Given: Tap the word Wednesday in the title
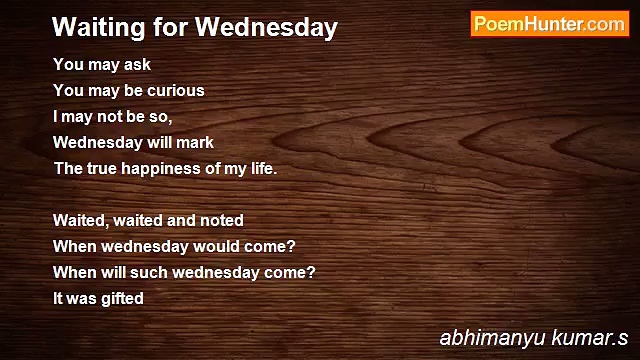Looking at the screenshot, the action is (266, 27).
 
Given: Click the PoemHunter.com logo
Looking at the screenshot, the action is (550, 24).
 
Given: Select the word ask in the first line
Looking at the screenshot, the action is (137, 64).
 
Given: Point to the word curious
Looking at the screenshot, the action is (176, 91).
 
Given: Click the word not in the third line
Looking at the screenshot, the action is (109, 117).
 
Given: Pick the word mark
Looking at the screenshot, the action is (195, 142).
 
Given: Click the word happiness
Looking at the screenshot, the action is (161, 169).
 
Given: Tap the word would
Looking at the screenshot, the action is (216, 246).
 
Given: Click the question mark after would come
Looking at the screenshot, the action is (291, 246).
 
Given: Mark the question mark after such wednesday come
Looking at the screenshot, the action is (311, 272).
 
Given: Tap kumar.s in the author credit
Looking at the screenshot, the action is (589, 338).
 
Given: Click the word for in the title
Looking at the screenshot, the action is (170, 27).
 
